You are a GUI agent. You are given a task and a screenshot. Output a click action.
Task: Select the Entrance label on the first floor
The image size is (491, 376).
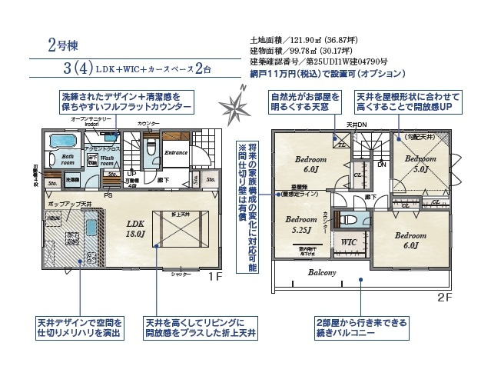(177, 153)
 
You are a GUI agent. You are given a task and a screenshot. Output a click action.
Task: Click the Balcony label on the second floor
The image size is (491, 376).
(323, 272)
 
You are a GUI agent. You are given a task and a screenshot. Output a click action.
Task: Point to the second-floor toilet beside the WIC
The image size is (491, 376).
(352, 220)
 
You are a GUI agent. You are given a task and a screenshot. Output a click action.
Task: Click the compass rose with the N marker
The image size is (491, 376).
(234, 105)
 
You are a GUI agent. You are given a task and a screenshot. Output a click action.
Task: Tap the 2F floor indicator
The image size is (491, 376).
(443, 295)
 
